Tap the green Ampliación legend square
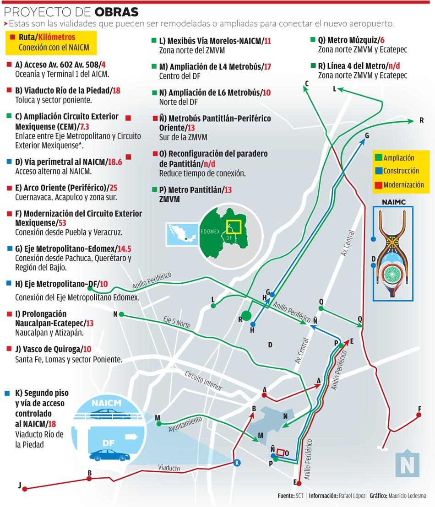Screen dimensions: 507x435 point(378,157)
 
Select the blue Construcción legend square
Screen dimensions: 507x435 point(378,171)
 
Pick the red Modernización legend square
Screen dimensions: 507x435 point(378,184)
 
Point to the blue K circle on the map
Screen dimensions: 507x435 point(237,462)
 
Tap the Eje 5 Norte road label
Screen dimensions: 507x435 point(176,323)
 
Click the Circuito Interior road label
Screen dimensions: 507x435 point(203,381)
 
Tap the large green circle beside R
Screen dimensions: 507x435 point(247,315)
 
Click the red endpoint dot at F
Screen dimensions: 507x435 point(419,415)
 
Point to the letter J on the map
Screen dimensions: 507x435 point(20,485)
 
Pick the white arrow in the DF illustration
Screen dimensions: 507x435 point(131,437)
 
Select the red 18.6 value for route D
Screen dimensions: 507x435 point(115,162)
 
